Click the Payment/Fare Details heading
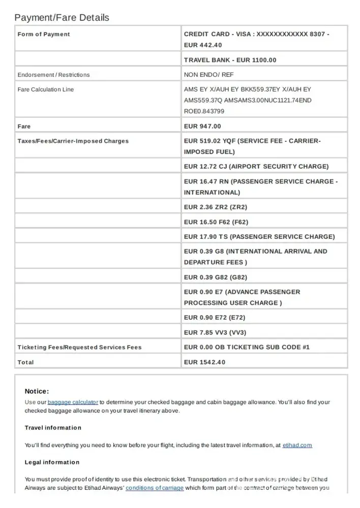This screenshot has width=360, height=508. tap(62, 18)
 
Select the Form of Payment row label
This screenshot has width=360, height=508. tap(44, 35)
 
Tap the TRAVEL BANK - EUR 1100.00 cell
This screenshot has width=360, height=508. tap(230, 60)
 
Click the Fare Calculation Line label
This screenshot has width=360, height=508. tap(46, 89)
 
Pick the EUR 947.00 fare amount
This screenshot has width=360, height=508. tap(202, 126)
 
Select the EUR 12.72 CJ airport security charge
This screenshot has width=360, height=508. tap(256, 167)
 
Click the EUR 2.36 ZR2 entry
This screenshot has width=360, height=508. tap(216, 207)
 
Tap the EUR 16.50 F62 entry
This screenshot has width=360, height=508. tap(216, 222)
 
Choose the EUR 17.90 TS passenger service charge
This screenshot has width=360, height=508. tap(259, 237)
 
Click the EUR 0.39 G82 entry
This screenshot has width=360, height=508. tap(216, 277)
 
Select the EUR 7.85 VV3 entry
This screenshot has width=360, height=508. tap(216, 333)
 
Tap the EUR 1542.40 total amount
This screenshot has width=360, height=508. tap(204, 362)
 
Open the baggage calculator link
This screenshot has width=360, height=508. tap(73, 402)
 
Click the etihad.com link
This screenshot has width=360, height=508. tap(297, 446)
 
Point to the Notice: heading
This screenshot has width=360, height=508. tap(37, 391)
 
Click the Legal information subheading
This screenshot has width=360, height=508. tap(52, 462)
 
